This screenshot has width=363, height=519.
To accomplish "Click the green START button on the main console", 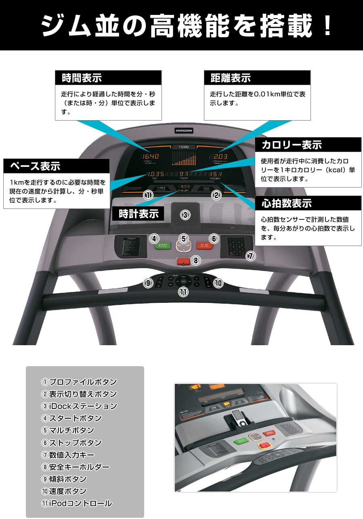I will point(163,245).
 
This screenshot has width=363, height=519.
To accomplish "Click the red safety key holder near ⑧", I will point(184,262).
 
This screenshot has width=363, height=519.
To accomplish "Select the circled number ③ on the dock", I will point(185,215).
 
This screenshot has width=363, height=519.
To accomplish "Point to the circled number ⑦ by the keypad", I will point(250,256).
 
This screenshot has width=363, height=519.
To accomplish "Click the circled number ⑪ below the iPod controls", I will point(183,292).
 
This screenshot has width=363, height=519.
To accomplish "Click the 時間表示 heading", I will point(82,77).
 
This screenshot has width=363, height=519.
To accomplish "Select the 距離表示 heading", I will point(231,77).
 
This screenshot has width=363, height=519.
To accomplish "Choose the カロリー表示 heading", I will point(292,144).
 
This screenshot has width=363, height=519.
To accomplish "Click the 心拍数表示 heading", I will point(287,203).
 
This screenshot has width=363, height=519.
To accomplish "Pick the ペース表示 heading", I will point(35,166).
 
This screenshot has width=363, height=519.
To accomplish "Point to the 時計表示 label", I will point(138,214).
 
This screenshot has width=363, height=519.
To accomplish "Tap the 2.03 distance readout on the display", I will point(220,156).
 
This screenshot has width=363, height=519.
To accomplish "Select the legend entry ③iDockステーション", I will point(79,406).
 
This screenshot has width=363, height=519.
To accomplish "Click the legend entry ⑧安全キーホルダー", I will point(76,467).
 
